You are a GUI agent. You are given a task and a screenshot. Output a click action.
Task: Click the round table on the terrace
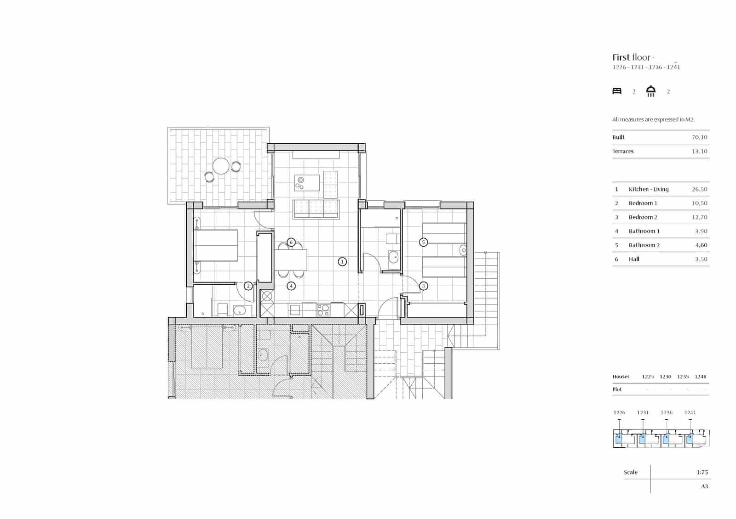(221, 166)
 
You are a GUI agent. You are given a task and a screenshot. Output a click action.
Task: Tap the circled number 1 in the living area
(342, 262)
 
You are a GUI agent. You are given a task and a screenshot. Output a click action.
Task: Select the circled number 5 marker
(424, 242)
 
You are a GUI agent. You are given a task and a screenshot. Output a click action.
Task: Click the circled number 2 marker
(248, 286)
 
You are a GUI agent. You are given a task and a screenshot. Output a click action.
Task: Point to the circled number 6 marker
(291, 242)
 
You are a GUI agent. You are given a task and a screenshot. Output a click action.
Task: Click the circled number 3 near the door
(424, 286)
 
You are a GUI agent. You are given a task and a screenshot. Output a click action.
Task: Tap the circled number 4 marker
(291, 286)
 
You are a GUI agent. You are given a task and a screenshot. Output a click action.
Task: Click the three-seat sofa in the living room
(316, 209)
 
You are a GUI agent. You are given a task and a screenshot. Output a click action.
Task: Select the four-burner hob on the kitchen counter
(323, 310)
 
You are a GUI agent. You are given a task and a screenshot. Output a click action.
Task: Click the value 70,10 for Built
(699, 137)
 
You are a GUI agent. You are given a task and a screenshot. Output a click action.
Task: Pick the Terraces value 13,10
(699, 151)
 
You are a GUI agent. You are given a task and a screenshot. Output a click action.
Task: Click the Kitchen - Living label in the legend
(649, 189)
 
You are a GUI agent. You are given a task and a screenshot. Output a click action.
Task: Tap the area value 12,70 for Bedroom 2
(699, 217)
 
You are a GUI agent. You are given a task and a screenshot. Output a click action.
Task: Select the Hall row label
(634, 259)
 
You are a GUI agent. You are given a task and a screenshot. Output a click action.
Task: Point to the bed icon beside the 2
(617, 91)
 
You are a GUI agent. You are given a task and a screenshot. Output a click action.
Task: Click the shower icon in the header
(650, 91)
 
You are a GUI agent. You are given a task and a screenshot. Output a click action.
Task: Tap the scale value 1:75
(702, 472)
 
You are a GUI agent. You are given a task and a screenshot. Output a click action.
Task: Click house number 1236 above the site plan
(666, 412)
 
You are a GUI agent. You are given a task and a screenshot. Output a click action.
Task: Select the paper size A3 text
(704, 486)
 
